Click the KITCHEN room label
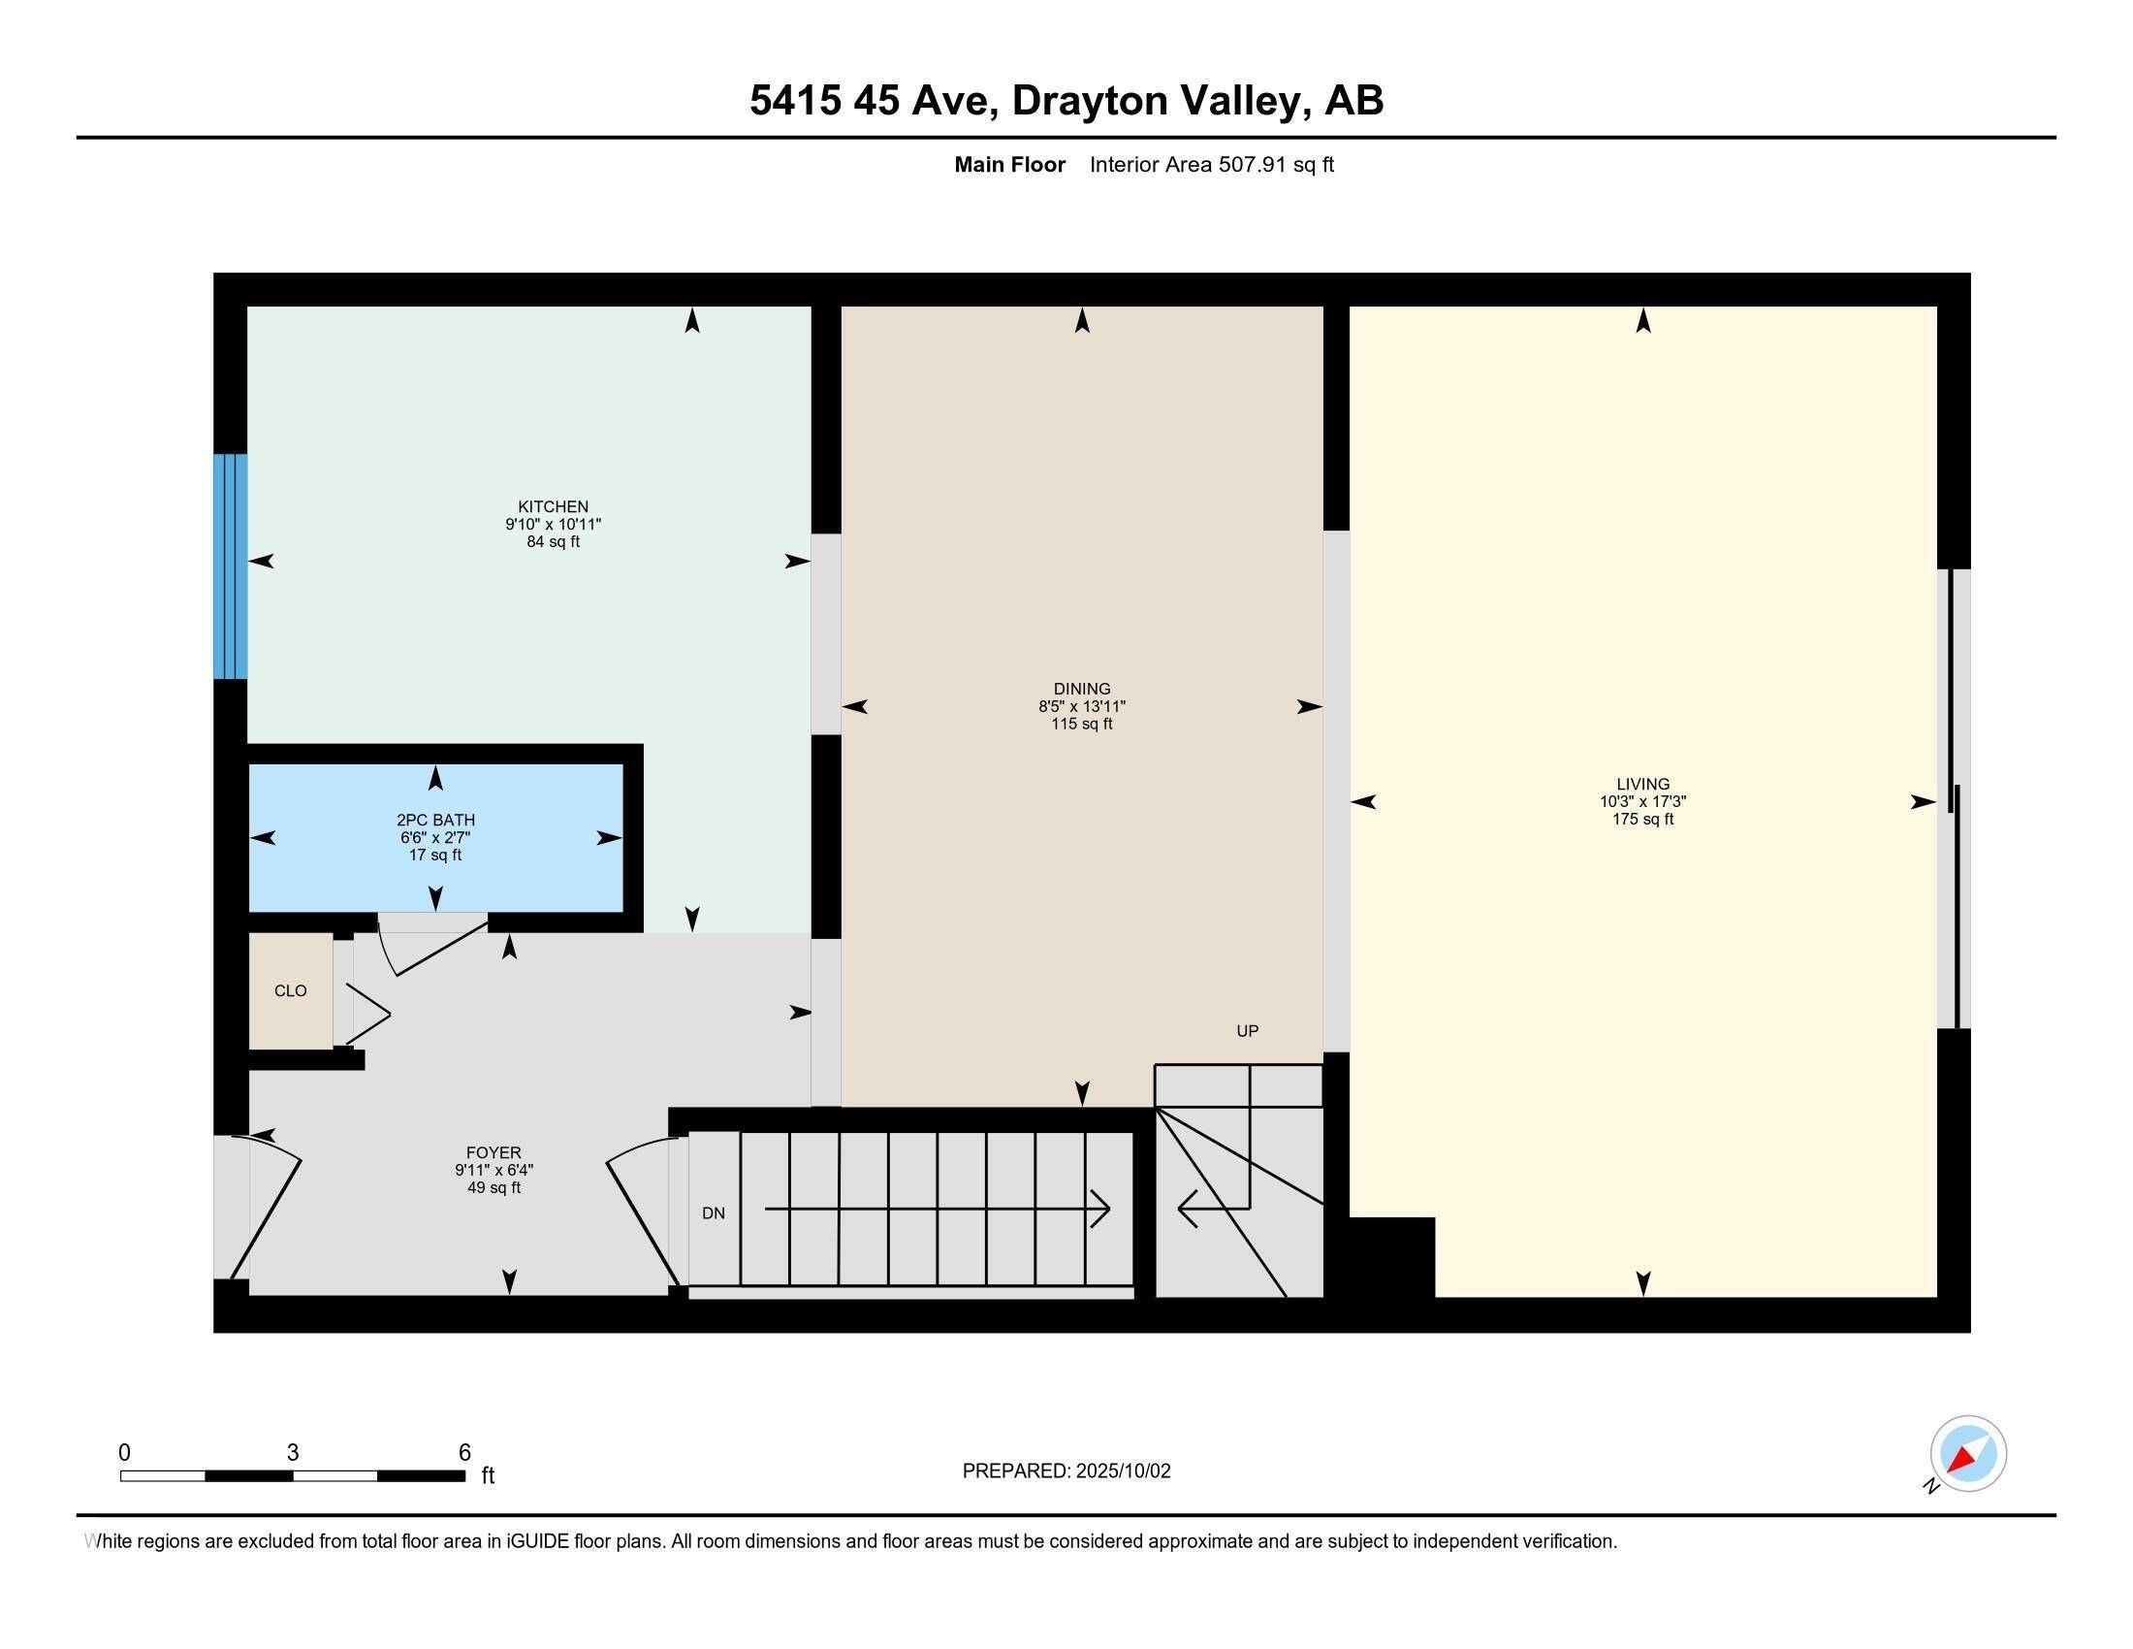click(x=553, y=506)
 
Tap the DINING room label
click(x=1081, y=689)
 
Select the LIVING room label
click(x=1642, y=784)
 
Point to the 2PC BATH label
click(x=435, y=820)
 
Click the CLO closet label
click(x=290, y=990)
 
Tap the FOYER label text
click(x=493, y=1152)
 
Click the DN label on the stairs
click(x=713, y=1213)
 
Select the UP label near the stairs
click(x=1247, y=1030)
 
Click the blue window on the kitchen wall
click(x=231, y=566)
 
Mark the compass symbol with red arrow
click(x=1967, y=1454)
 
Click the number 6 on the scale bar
click(x=464, y=1453)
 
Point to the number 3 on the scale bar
click(x=292, y=1453)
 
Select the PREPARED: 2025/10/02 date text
click(x=1066, y=1471)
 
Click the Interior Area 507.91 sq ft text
click(x=1211, y=165)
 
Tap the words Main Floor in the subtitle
click(x=1009, y=165)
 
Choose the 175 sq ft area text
click(x=1642, y=820)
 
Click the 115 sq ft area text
click(x=1081, y=724)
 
